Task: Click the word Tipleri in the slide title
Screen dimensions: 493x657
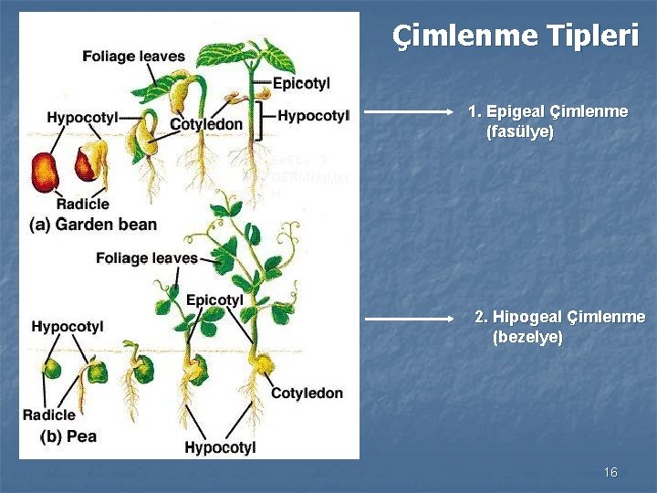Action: click(x=593, y=37)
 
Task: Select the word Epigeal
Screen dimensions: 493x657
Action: click(x=515, y=111)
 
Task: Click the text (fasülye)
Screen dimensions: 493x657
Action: click(x=520, y=132)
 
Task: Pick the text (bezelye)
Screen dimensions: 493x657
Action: click(x=527, y=337)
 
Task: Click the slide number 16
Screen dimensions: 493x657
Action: click(x=610, y=472)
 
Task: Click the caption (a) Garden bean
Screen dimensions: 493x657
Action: click(x=93, y=224)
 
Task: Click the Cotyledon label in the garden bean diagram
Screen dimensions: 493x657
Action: click(x=206, y=124)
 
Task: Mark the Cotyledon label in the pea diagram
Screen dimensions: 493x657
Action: click(x=307, y=393)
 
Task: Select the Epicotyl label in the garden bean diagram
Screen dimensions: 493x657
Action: click(x=301, y=84)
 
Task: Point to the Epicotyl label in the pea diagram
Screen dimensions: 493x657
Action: click(x=214, y=299)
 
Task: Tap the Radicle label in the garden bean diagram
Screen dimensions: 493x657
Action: click(x=83, y=204)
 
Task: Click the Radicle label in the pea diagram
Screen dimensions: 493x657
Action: click(x=49, y=414)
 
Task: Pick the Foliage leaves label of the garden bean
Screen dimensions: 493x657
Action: click(x=133, y=57)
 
